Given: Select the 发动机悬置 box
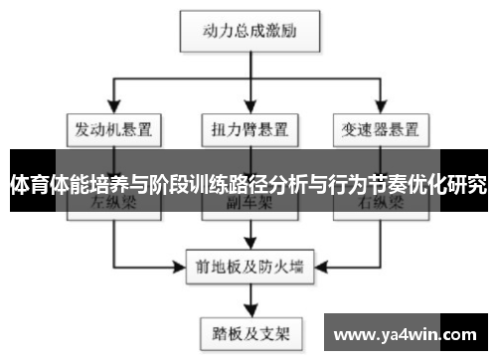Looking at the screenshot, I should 115,128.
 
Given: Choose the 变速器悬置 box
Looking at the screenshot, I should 380,128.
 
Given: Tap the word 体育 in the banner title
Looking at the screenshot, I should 29,184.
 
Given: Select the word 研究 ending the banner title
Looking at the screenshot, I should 466,184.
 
